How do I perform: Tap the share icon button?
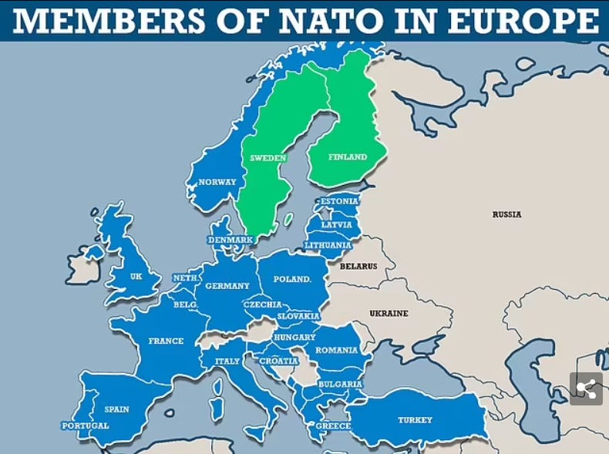click(x=586, y=389)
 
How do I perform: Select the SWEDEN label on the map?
click(x=267, y=158)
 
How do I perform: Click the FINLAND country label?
click(x=348, y=157)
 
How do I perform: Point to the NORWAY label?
click(x=217, y=183)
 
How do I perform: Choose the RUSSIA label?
click(x=506, y=214)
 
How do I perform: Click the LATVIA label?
click(x=336, y=225)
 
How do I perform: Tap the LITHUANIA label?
click(x=328, y=245)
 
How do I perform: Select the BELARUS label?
click(x=358, y=267)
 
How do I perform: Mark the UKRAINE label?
click(x=389, y=314)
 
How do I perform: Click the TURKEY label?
click(x=415, y=420)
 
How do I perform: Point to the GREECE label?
click(x=333, y=425)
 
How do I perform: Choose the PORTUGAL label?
click(x=86, y=425)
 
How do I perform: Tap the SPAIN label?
click(x=117, y=409)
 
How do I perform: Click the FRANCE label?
click(x=166, y=341)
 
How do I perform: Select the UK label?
click(x=136, y=276)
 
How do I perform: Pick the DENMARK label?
click(x=230, y=240)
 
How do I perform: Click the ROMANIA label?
click(x=336, y=350)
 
